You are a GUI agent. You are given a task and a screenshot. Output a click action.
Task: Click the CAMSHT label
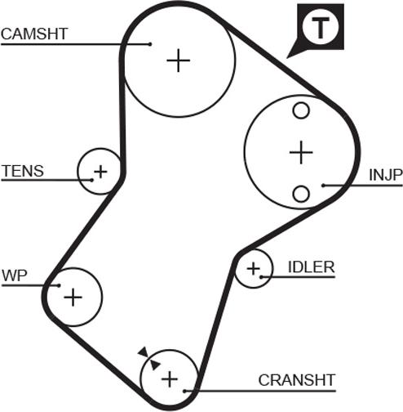(x=34, y=34)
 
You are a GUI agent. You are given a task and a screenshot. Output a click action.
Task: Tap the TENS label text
(x=23, y=171)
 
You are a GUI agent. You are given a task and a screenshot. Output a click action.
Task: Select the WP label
(x=15, y=275)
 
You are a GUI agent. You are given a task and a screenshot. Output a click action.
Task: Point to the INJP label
(x=386, y=175)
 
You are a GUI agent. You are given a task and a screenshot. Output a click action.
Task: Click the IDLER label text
(x=311, y=267)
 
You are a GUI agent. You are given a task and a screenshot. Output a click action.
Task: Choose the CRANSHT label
(x=297, y=380)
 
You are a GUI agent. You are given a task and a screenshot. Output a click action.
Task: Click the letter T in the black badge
(x=321, y=28)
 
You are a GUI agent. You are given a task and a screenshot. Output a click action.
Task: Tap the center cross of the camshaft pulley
(x=179, y=60)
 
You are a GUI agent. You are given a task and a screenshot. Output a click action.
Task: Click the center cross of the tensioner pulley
(x=100, y=172)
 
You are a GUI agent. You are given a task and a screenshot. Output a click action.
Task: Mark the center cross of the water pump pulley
(x=73, y=297)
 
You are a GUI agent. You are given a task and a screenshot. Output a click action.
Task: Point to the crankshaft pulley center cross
(x=170, y=378)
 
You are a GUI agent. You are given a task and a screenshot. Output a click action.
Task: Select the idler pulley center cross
(x=254, y=269)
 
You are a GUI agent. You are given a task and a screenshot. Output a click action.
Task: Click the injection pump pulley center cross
(x=301, y=152)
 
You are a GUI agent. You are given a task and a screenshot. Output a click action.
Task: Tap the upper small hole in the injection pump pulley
(x=301, y=110)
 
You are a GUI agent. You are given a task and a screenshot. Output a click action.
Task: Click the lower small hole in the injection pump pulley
(x=301, y=194)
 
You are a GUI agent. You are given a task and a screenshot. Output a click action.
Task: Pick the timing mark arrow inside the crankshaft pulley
(x=155, y=365)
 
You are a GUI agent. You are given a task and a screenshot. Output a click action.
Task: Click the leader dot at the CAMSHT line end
(x=150, y=44)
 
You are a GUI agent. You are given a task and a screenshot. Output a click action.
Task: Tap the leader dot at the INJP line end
(x=323, y=186)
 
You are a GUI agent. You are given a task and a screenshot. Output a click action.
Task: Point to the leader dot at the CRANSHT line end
(x=184, y=391)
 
